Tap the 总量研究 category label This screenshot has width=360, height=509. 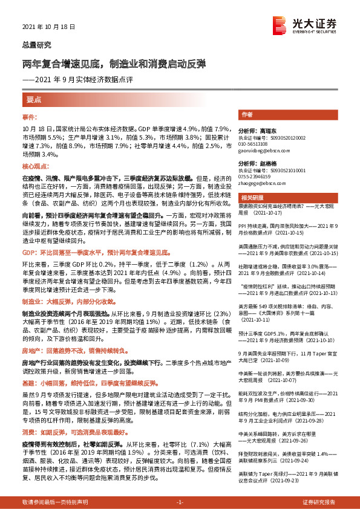pyautogui.click(x=36, y=45)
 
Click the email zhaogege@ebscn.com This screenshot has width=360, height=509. pyautogui.click(x=263, y=183)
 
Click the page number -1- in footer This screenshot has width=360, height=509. pyautogui.click(x=180, y=502)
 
